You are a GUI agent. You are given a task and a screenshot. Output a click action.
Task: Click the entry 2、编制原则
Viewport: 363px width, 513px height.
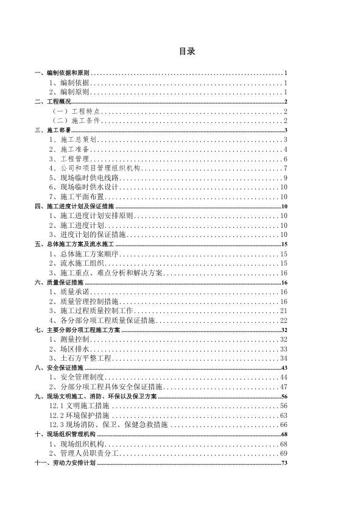coord(69,91)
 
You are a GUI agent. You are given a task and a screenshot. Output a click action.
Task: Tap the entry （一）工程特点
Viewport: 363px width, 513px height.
coord(76,111)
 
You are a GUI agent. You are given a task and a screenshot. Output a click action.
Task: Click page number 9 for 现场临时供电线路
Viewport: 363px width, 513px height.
coord(285,177)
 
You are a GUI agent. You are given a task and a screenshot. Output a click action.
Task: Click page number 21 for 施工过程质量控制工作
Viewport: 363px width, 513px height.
coord(283,311)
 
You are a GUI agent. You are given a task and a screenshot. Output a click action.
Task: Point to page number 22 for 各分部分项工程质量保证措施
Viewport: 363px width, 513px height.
coord(283,320)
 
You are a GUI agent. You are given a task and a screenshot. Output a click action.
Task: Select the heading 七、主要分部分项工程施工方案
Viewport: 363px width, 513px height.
coord(77,330)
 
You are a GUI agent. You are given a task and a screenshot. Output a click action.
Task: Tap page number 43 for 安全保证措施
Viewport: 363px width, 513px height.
coord(284,368)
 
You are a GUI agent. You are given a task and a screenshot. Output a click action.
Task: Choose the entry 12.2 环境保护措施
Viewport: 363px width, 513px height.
coord(76,415)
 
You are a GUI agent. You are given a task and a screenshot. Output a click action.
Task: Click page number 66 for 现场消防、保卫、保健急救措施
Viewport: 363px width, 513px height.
coord(283,425)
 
